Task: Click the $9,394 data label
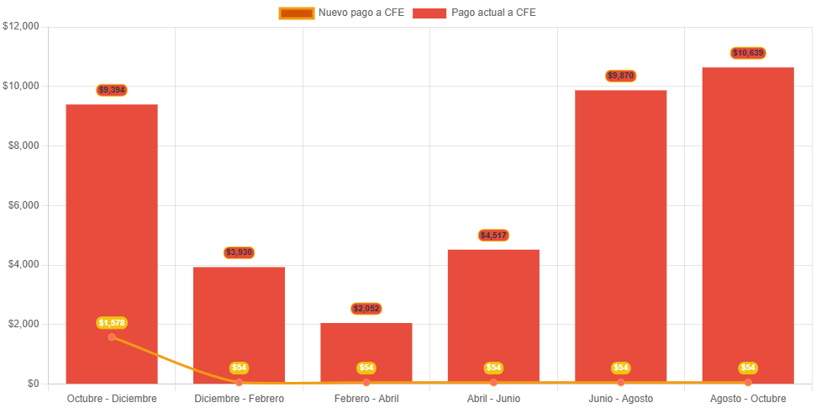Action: (x=112, y=90)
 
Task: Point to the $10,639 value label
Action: (x=748, y=53)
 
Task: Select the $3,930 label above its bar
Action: (x=240, y=252)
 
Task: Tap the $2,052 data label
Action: (x=366, y=309)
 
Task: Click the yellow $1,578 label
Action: (x=112, y=323)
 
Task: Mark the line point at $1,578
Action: (x=112, y=337)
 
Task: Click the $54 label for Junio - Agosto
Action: (x=620, y=368)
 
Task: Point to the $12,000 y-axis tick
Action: (x=21, y=26)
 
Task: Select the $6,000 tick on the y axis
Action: (x=24, y=204)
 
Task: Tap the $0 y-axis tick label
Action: (x=34, y=383)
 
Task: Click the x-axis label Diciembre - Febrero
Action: (x=240, y=398)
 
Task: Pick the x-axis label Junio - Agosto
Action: (x=620, y=398)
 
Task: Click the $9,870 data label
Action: (x=620, y=76)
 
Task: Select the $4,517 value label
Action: (x=493, y=235)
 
